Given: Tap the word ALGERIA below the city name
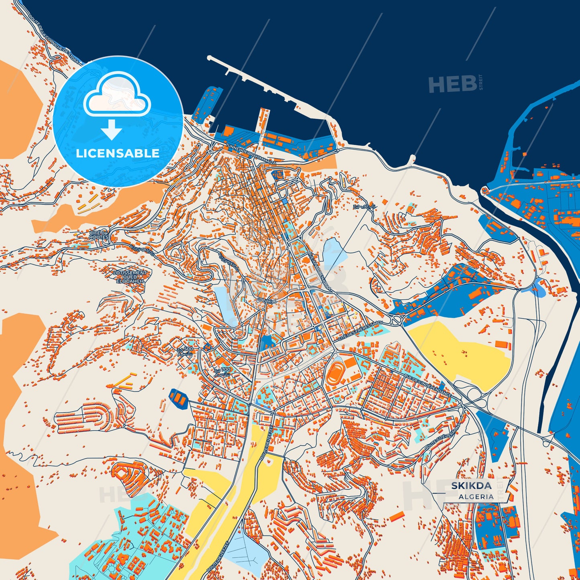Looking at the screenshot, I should point(476,497).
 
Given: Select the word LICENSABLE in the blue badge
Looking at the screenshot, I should point(118,153).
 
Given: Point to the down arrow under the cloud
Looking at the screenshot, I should point(112,129).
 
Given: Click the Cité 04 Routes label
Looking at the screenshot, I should point(99,235).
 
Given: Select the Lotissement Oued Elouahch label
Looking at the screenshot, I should point(130,277).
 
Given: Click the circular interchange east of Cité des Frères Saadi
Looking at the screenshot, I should point(396,320).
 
